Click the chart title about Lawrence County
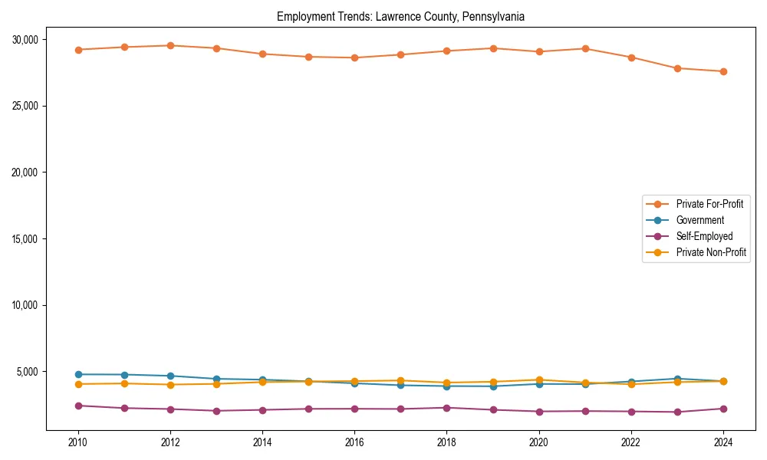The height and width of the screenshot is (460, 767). [400, 17]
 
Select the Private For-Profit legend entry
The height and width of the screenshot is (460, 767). [709, 204]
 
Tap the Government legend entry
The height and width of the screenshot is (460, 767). [700, 220]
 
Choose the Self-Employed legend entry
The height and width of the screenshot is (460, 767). [704, 236]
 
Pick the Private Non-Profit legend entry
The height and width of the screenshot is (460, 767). [711, 252]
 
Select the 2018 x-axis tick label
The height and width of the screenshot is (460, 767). [446, 442]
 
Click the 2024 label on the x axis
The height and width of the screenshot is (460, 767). [723, 442]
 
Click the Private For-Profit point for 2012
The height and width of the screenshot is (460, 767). [170, 45]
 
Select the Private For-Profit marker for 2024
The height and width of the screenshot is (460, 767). [723, 71]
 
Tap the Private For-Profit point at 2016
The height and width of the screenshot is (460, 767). [354, 58]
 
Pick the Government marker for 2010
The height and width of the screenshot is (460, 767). [78, 374]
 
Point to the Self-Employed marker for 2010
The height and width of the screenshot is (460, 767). [78, 406]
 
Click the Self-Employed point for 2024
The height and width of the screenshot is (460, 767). [723, 409]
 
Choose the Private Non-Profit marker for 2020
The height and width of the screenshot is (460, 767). [539, 379]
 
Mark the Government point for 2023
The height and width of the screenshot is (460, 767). [677, 379]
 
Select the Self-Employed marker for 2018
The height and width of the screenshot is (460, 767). [446, 408]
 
